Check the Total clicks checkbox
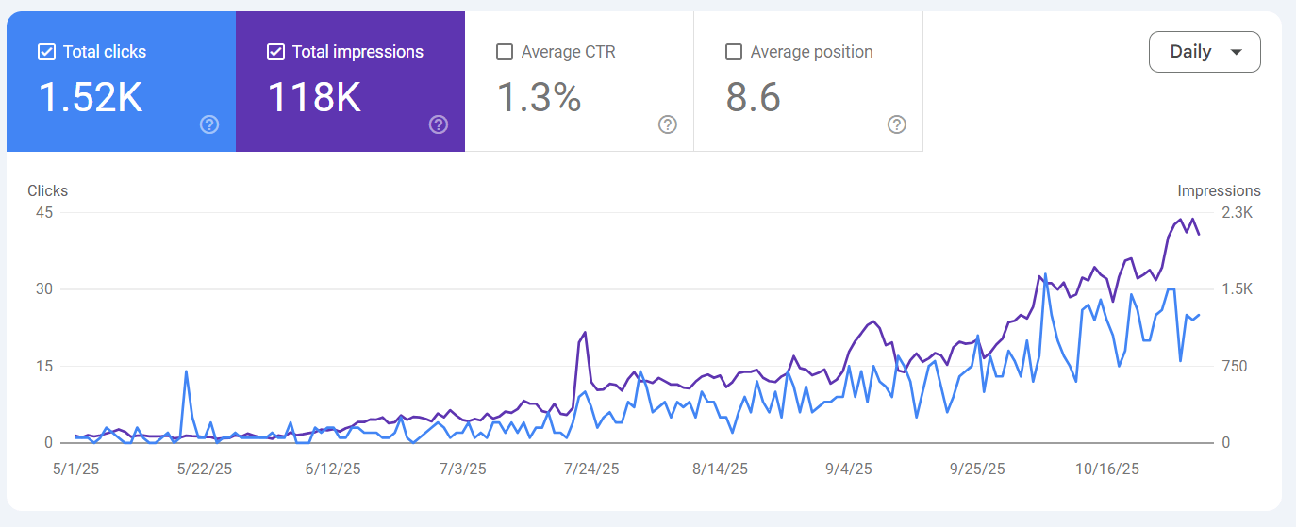(46, 52)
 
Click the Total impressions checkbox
(275, 52)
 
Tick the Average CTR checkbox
(505, 52)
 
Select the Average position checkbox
(734, 52)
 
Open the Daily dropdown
(1205, 52)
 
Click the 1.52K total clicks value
(91, 97)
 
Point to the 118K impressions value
(314, 97)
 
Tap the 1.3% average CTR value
(539, 97)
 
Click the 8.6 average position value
(754, 97)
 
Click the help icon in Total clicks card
(209, 124)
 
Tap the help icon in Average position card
(897, 124)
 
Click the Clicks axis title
(47, 190)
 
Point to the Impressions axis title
(1219, 190)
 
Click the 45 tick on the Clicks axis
(43, 212)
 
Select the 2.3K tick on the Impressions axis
(1237, 212)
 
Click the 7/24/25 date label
(591, 469)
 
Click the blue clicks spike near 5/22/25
(186, 371)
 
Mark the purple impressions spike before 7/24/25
(585, 333)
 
